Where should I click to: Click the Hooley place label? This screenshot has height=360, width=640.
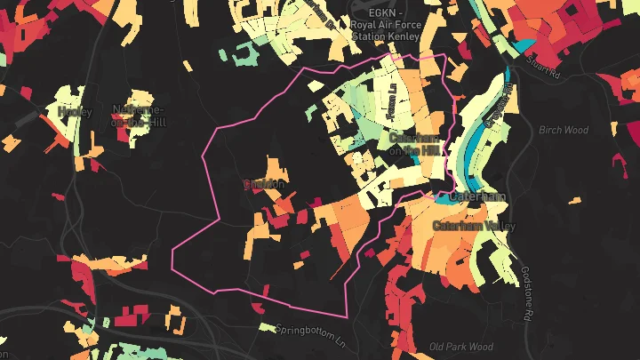tap(75, 111)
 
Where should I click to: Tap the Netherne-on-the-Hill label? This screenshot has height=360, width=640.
tap(138, 115)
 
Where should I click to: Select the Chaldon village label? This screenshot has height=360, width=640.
tap(264, 185)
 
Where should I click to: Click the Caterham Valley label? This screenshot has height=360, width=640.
tap(473, 226)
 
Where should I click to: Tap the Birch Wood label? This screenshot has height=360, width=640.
tap(564, 130)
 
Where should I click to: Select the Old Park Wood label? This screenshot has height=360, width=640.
tap(460, 346)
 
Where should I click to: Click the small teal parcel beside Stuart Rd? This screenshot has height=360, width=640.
tap(525, 44)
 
